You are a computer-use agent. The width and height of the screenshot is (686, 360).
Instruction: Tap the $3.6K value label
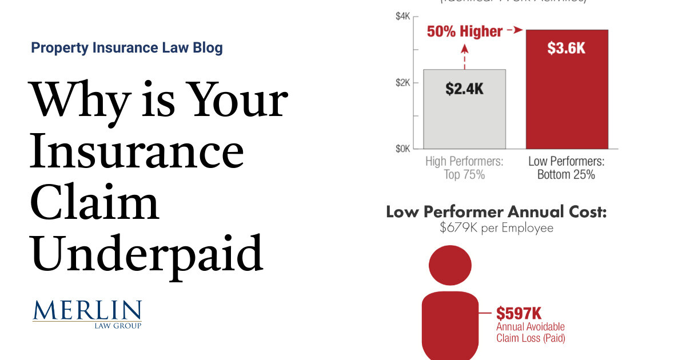566,49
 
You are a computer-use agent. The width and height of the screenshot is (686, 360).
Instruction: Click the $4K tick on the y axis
403,17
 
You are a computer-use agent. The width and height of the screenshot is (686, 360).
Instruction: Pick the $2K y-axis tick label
403,83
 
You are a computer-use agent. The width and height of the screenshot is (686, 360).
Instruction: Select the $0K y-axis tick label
403,149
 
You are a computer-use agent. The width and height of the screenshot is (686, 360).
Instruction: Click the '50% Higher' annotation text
465,31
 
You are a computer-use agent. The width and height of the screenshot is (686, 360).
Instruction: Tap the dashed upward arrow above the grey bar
464,54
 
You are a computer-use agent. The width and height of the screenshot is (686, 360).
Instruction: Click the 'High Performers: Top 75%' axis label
464,168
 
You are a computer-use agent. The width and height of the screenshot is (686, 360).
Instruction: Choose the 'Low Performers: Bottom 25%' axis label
566,168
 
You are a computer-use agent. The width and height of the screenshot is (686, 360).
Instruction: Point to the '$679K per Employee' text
496,228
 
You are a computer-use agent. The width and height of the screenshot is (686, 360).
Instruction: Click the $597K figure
519,313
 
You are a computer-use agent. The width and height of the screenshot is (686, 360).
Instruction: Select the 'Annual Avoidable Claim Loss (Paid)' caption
531,333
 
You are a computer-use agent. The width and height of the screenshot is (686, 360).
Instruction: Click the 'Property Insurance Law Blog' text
127,48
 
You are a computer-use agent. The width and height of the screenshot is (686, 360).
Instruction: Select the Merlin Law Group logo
87,313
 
